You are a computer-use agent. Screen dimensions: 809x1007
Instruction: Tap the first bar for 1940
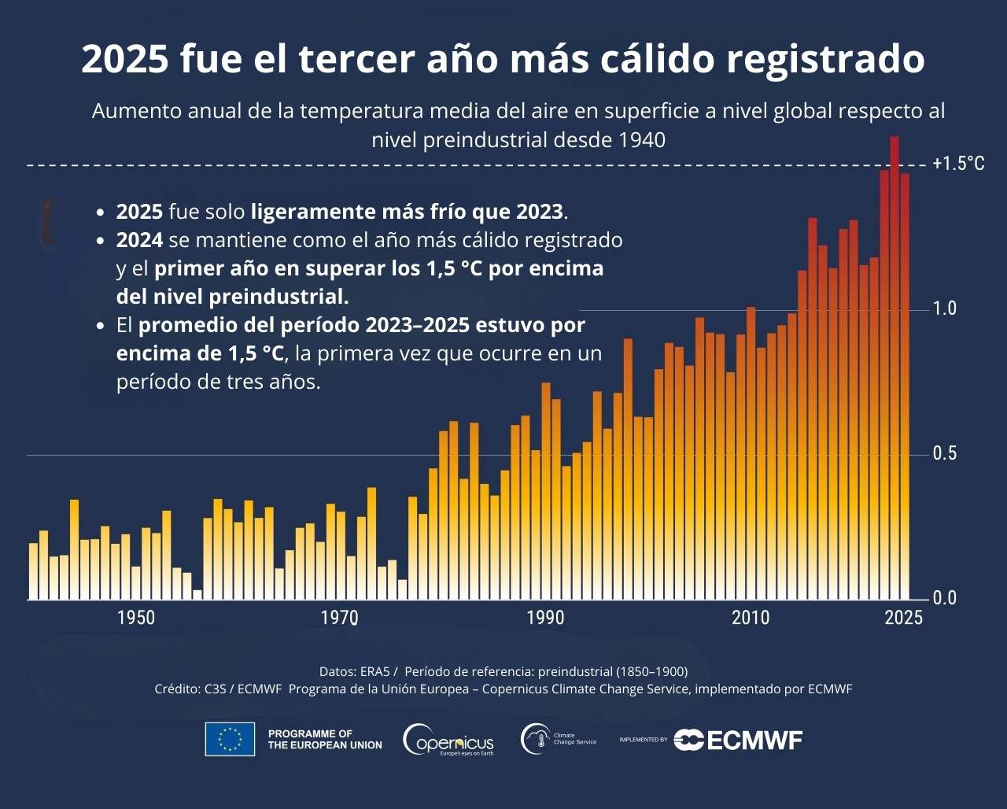pos(34,571)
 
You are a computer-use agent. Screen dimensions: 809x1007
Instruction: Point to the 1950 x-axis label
pos(136,618)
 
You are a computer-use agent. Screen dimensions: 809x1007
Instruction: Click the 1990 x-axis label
pos(545,618)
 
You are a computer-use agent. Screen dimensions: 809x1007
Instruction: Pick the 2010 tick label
pos(751,618)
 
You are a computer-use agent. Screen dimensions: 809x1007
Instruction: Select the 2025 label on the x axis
pos(904,618)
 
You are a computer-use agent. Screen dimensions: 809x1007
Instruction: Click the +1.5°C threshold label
pos(958,164)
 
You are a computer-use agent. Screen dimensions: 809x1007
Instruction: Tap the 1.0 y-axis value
pos(945,308)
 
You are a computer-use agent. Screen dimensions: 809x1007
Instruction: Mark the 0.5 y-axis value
pos(945,454)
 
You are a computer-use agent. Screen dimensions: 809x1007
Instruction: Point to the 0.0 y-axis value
pos(945,598)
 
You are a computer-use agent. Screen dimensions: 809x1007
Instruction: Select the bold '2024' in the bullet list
pos(139,239)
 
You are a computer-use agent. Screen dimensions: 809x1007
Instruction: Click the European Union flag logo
pos(230,739)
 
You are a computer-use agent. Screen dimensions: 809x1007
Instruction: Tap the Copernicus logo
pos(448,740)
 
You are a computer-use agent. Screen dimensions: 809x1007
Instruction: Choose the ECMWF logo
pos(738,740)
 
